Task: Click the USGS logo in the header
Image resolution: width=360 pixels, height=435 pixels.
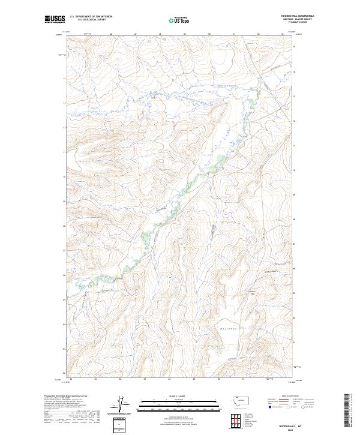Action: (x=55, y=19)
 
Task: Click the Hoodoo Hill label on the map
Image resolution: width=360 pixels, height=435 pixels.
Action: (x=253, y=292)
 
